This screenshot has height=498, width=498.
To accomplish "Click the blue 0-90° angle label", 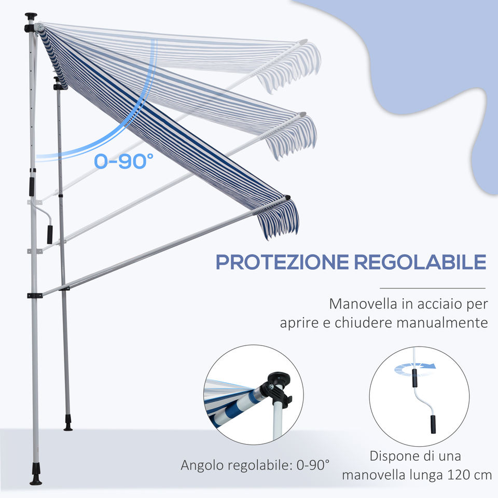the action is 124,161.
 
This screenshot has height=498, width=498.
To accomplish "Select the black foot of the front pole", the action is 36,476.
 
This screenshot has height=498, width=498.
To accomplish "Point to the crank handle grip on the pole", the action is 50,234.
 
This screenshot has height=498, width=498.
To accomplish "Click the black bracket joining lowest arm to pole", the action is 34,295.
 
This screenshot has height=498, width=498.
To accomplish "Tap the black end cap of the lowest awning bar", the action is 287,198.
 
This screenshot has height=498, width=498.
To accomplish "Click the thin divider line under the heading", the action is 432,288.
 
